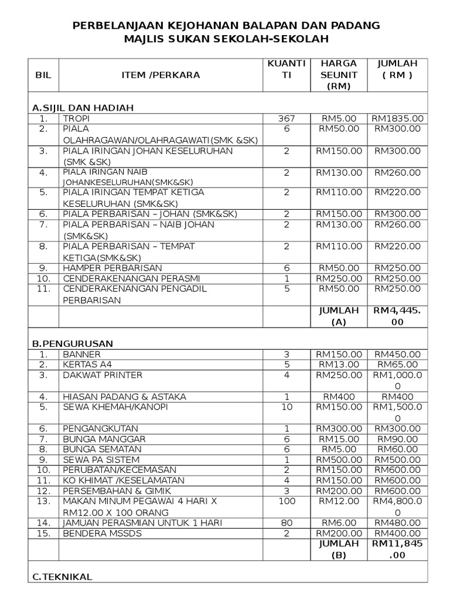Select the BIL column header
click(43, 75)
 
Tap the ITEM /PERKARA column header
click(161, 75)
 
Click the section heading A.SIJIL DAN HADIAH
click(83, 108)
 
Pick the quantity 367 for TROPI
click(286, 118)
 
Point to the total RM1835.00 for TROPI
click(397, 118)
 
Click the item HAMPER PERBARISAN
click(104, 268)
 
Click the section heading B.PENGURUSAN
click(72, 343)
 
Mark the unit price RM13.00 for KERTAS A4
click(339, 365)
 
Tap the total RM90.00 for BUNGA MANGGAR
click(397, 439)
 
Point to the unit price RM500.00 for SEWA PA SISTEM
click(339, 460)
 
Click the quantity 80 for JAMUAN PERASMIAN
click(286, 523)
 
